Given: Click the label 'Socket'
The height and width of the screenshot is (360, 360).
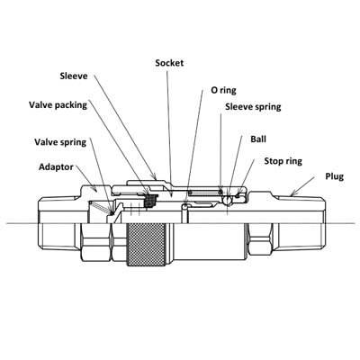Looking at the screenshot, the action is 169,63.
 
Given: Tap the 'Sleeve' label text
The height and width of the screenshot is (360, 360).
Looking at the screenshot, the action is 74,76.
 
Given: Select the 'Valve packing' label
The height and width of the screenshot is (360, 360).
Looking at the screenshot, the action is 58,105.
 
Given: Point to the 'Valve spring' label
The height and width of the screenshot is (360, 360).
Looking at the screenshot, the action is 60,142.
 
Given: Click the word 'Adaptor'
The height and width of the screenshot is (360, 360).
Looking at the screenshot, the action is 56,167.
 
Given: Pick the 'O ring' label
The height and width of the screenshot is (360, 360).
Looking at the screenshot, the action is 223,90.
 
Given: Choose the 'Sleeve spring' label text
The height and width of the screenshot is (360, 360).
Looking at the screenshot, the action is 253,107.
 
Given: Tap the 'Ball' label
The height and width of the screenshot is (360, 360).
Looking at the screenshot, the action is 258,139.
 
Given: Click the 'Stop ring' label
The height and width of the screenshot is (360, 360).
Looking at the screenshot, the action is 283,161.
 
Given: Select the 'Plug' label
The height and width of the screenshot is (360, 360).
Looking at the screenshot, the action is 335,176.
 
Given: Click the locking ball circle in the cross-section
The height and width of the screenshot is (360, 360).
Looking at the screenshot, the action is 228,201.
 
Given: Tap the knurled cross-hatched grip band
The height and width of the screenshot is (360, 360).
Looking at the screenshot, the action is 146,245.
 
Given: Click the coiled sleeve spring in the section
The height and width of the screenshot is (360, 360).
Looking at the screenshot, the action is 204,193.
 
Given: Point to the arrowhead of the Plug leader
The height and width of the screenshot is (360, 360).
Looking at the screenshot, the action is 294,193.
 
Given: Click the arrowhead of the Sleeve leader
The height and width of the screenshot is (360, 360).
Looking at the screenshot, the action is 154,176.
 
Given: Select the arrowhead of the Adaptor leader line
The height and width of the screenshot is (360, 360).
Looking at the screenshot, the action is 94,189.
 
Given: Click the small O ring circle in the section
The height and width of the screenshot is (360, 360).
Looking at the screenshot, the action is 185,206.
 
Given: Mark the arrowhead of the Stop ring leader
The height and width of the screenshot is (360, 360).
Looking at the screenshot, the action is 239,191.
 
